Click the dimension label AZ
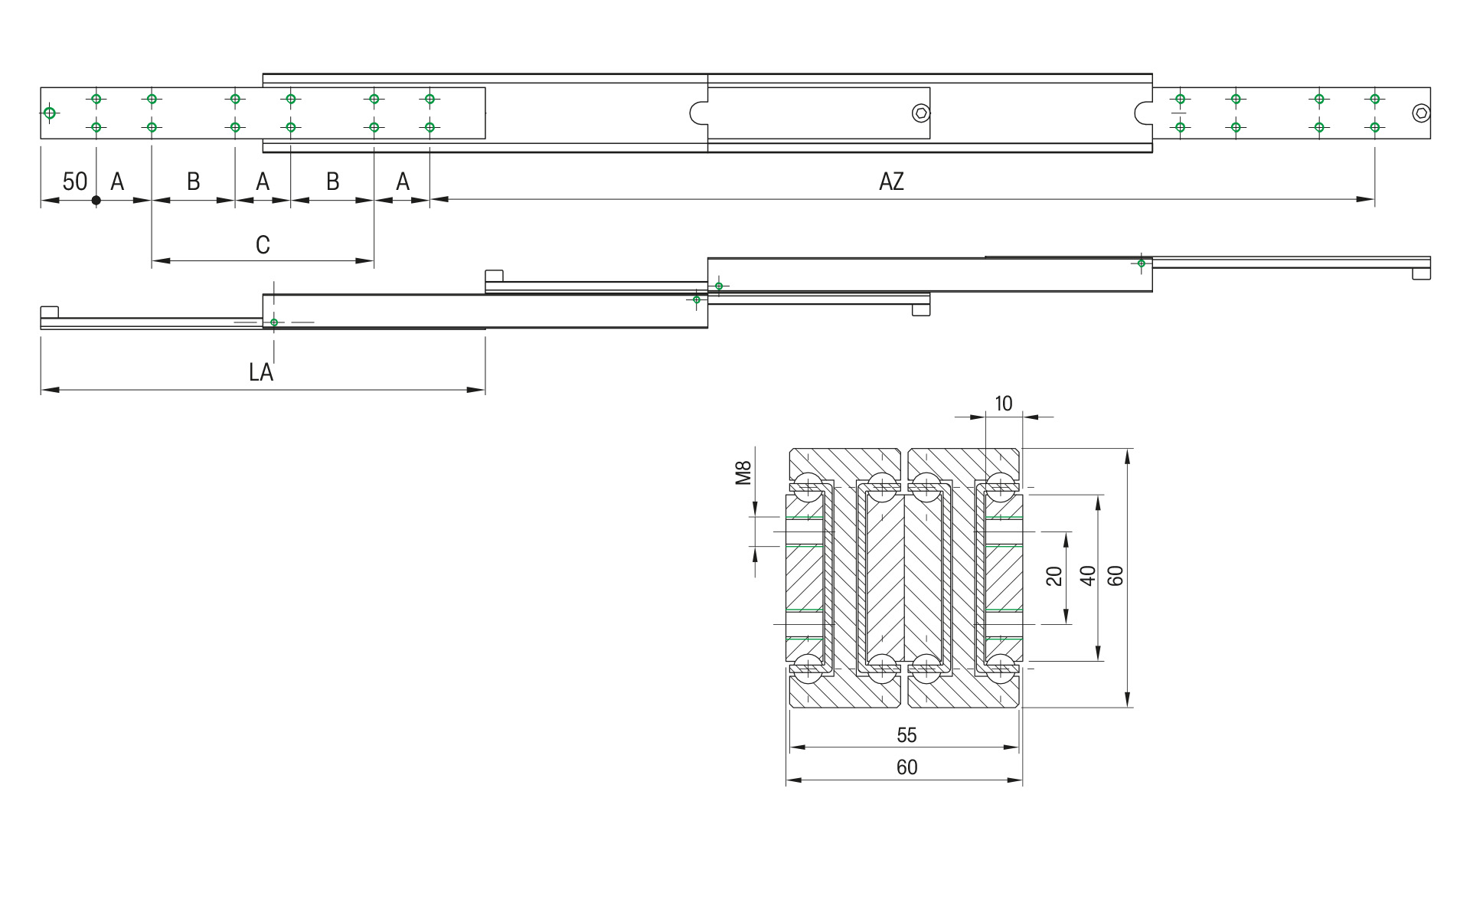tap(891, 182)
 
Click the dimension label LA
tap(261, 372)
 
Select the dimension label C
tap(263, 245)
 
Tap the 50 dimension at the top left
tap(74, 182)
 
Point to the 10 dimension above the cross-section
tap(1003, 404)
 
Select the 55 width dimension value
tap(906, 735)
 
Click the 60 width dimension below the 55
tap(906, 767)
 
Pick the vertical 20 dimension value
tap(1054, 576)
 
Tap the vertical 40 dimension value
tap(1087, 576)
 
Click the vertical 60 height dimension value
tap(1116, 576)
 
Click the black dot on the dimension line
tap(96, 201)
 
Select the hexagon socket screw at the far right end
tap(1421, 113)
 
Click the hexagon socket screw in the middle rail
tap(921, 113)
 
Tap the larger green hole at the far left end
tap(50, 113)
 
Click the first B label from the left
tap(194, 182)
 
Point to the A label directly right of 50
tap(117, 182)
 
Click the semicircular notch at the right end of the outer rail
tap(1142, 113)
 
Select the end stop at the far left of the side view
tap(49, 312)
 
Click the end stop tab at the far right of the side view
tap(1422, 273)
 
